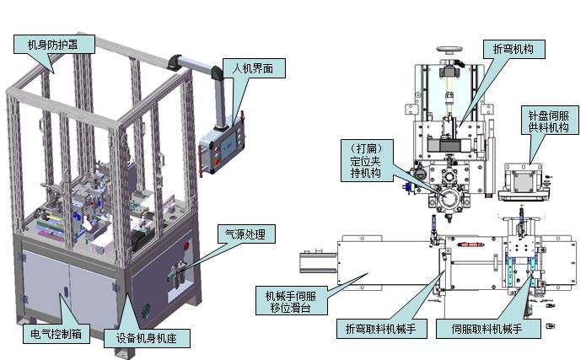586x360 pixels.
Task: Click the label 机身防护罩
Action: point(53,44)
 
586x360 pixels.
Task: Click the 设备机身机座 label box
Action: point(151,339)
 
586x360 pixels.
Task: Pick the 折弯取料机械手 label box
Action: point(382,327)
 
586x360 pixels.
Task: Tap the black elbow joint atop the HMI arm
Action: point(180,62)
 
